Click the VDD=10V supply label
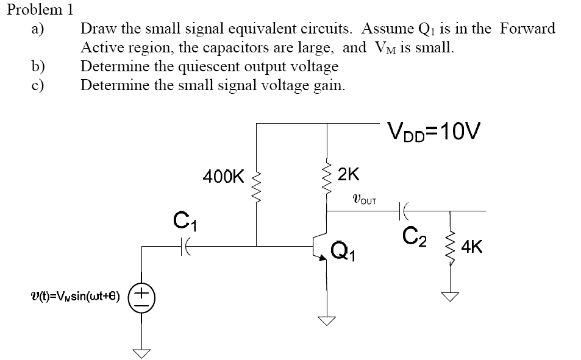tap(433, 130)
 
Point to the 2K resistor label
tap(349, 174)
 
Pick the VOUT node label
tap(365, 199)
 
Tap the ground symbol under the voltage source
tap(143, 353)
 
